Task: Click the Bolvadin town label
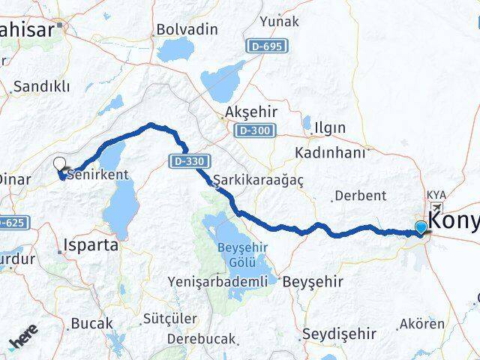tap(186, 31)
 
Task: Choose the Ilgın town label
tap(330, 128)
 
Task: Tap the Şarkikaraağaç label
tap(250, 181)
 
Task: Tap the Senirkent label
tap(98, 174)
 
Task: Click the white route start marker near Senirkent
tap(59, 163)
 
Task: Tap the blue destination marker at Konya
tap(421, 227)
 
